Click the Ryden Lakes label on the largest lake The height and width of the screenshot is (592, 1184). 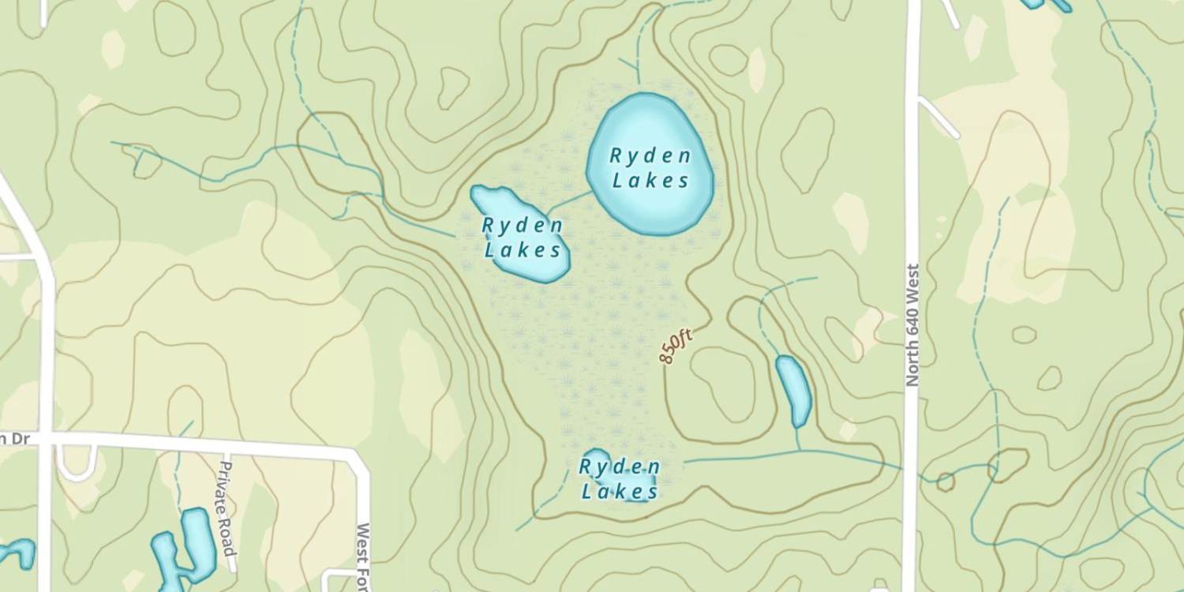click(650, 167)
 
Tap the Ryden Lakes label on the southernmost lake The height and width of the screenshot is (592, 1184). click(620, 479)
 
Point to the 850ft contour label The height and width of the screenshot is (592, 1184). click(676, 347)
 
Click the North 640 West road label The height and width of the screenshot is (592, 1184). click(912, 324)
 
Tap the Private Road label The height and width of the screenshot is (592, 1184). click(227, 508)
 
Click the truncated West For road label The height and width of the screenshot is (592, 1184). click(364, 556)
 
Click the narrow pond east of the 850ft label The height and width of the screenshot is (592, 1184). click(793, 391)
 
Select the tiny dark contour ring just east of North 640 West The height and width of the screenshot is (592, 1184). click(945, 481)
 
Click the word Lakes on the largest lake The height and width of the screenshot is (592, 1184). click(651, 181)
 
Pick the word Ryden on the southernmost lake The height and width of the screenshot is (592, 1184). click(620, 466)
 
